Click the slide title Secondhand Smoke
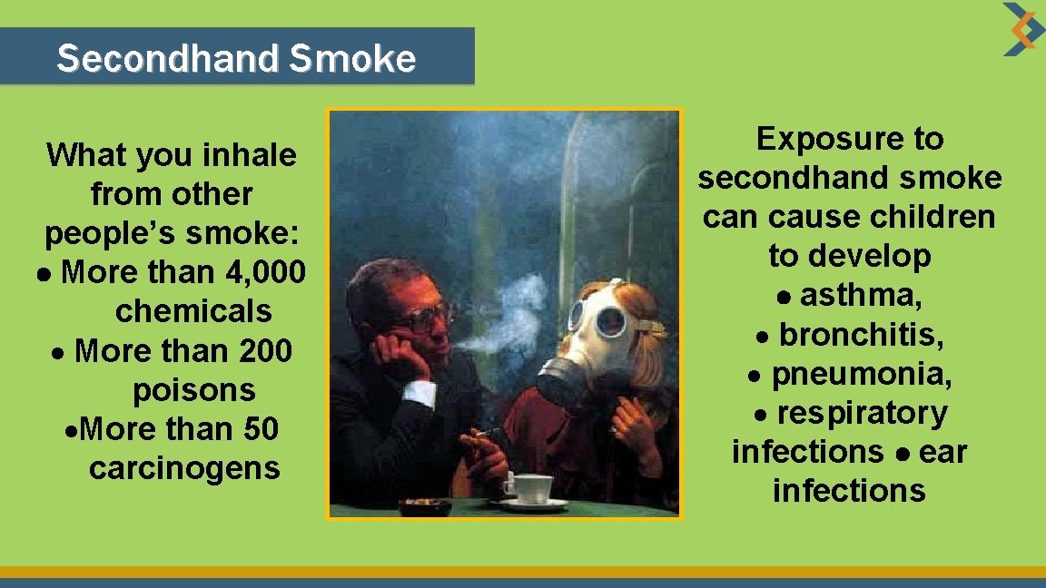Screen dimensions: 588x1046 pyautogui.click(x=236, y=59)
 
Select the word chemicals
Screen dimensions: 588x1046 pyautogui.click(x=193, y=311)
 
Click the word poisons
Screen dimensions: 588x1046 pyautogui.click(x=194, y=390)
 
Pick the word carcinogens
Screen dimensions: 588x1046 pyautogui.click(x=184, y=468)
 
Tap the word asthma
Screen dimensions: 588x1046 pyautogui.click(x=859, y=296)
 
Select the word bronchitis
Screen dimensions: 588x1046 pyautogui.click(x=862, y=335)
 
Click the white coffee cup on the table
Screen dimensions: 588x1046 pyautogui.click(x=530, y=488)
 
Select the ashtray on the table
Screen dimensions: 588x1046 pyautogui.click(x=425, y=505)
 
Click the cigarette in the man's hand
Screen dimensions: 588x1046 pyautogui.click(x=488, y=433)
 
